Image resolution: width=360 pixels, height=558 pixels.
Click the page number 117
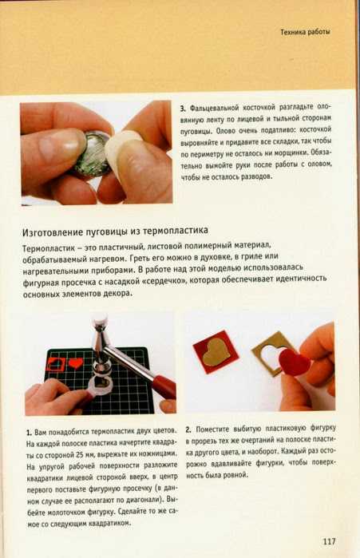tap(329, 541)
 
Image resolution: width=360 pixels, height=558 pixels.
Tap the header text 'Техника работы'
tap(305, 32)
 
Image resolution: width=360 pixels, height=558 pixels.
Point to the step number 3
tap(183, 109)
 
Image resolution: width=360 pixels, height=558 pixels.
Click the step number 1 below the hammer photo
tap(29, 433)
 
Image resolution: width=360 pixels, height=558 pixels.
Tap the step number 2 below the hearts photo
tap(188, 429)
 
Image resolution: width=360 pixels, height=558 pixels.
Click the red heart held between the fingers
tap(294, 362)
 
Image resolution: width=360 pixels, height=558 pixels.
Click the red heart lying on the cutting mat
tap(75, 363)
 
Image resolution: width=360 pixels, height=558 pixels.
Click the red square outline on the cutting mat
tap(56, 363)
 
